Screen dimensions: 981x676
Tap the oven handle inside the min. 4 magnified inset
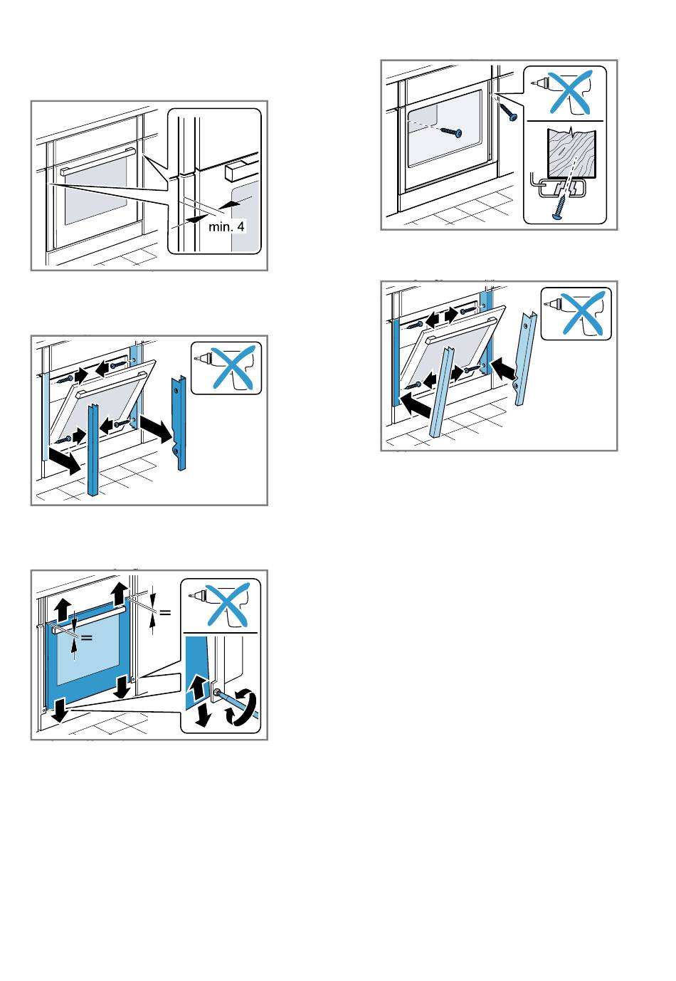238,172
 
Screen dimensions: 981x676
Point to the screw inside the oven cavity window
451,132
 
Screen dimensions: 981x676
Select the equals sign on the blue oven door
87,637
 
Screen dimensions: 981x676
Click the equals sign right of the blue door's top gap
165,611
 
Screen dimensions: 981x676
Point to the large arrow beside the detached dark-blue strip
157,429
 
